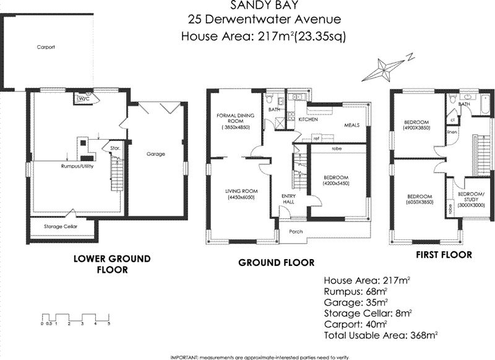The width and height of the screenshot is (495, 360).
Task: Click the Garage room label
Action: click(155, 153)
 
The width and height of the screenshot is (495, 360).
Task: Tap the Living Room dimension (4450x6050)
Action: click(240, 197)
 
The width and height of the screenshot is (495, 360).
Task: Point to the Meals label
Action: click(353, 124)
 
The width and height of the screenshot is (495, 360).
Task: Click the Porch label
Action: click(288, 232)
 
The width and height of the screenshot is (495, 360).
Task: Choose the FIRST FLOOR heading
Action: click(444, 254)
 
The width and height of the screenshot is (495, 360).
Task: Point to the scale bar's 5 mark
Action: click(109, 324)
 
